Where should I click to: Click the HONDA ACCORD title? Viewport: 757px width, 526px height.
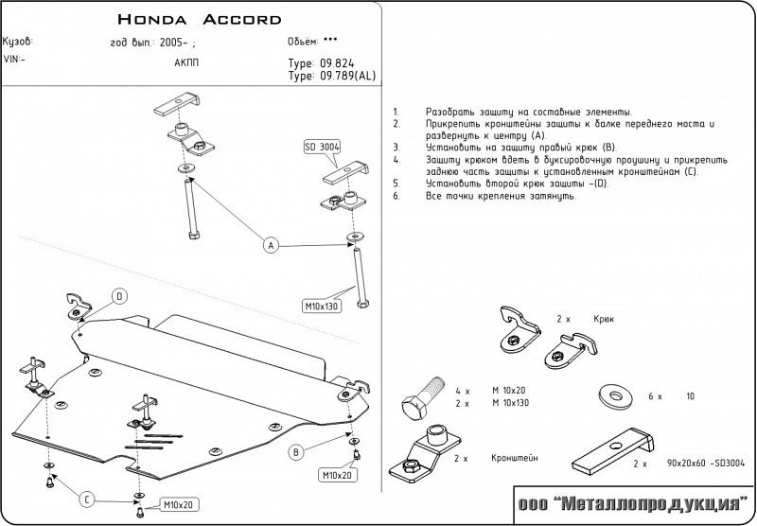199,19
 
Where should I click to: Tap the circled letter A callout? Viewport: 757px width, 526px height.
270,246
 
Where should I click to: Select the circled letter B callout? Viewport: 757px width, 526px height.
296,452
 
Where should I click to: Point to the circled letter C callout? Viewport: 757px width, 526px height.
86,500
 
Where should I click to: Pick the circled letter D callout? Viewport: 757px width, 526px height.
120,297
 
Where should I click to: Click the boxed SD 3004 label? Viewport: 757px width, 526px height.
322,147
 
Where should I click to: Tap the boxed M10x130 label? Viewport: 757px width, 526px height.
321,306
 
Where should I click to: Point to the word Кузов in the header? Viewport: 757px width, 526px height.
18,44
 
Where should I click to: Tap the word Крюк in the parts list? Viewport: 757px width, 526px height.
604,320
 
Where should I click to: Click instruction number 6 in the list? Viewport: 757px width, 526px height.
396,195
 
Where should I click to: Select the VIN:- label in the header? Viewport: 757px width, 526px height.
14,59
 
